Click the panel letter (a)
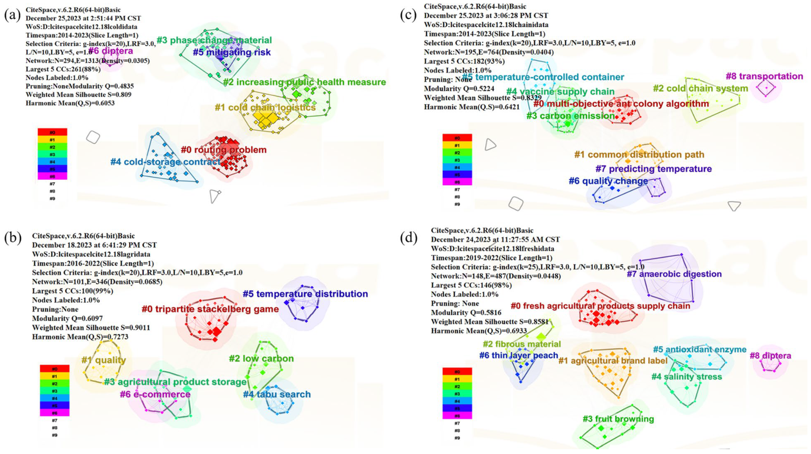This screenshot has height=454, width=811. [12, 15]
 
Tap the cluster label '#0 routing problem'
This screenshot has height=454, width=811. [224, 150]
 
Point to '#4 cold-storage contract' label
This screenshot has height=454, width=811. [165, 162]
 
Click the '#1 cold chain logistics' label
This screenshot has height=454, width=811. [265, 108]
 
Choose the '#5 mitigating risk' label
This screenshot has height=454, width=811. [231, 52]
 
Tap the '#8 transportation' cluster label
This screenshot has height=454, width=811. [764, 77]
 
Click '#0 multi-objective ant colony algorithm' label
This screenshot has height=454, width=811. [621, 104]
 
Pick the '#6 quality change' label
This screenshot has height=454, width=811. [608, 181]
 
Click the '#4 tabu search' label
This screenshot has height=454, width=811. [277, 395]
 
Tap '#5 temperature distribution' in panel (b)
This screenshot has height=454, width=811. [305, 294]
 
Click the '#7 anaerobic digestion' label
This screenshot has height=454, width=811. [674, 274]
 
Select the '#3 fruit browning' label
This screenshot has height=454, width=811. [618, 419]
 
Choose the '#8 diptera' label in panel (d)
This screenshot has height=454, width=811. [770, 356]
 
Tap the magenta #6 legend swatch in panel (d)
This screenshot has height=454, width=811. [457, 416]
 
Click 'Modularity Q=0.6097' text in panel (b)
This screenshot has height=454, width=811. [67, 319]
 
